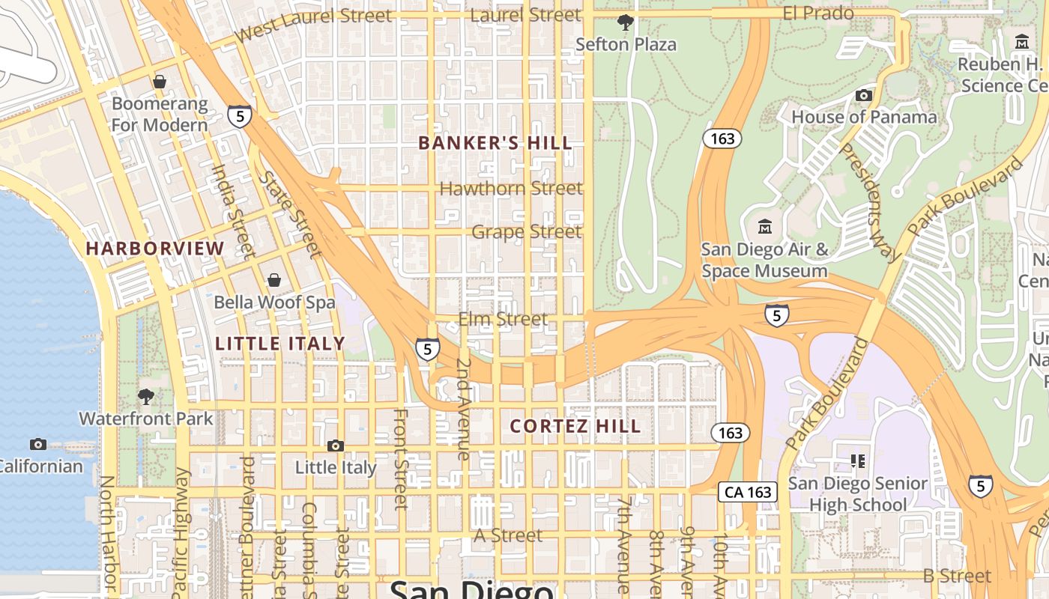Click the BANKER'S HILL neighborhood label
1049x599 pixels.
[x=495, y=143]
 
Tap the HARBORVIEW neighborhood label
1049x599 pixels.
[x=154, y=248]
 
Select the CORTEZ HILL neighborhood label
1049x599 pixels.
[x=575, y=426]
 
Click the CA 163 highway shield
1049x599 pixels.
[x=748, y=492]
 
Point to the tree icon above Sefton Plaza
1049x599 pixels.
[x=625, y=22]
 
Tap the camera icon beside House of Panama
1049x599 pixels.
[x=864, y=95]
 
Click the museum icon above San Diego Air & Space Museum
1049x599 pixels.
[x=765, y=226]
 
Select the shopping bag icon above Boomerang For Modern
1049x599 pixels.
[x=159, y=82]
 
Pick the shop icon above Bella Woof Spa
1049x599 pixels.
[x=274, y=280]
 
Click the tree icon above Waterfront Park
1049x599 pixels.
[x=146, y=396]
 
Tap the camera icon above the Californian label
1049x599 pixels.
[x=38, y=444]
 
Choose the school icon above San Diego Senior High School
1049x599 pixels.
[x=858, y=460]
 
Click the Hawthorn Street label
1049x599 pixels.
[x=510, y=188]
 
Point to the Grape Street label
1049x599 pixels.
[x=526, y=232]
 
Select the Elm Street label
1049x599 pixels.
[x=503, y=320]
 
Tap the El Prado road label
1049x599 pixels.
[x=818, y=13]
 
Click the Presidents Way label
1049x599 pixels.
[x=869, y=201]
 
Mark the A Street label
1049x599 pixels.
[x=508, y=535]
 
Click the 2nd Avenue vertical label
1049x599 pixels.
[x=463, y=409]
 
